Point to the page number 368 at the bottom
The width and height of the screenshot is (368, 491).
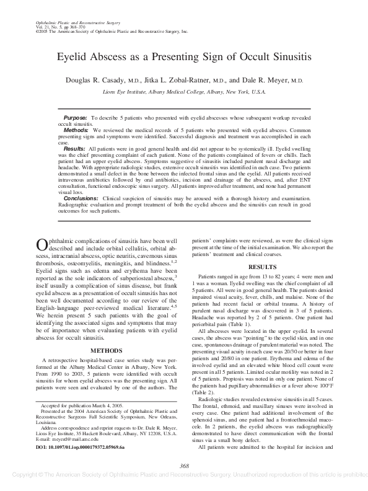click(x=183, y=466)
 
